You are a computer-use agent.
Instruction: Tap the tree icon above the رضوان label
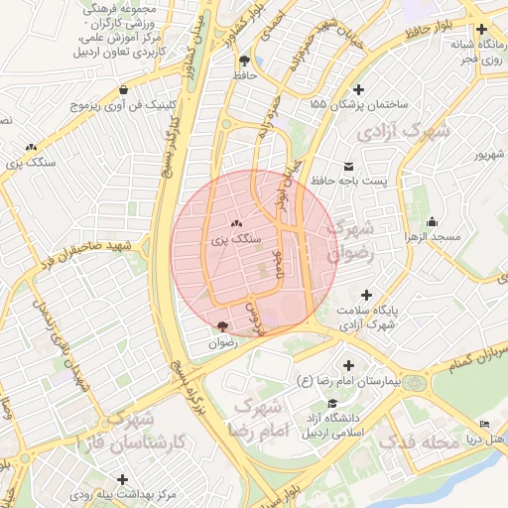click(222, 325)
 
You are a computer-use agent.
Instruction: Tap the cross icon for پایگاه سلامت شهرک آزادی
click(367, 296)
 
